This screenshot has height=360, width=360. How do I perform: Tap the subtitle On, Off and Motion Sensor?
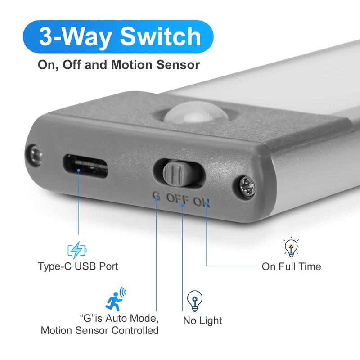click(119, 65)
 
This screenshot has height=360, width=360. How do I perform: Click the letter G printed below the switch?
click(157, 197)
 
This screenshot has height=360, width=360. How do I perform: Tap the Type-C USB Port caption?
click(78, 266)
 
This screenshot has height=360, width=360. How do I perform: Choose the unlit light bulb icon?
click(195, 301)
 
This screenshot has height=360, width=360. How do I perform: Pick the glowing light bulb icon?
click(291, 247)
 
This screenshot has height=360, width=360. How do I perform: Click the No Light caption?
click(202, 321)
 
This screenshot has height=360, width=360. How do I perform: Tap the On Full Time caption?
click(291, 266)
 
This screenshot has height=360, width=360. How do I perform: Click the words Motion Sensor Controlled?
click(100, 331)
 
